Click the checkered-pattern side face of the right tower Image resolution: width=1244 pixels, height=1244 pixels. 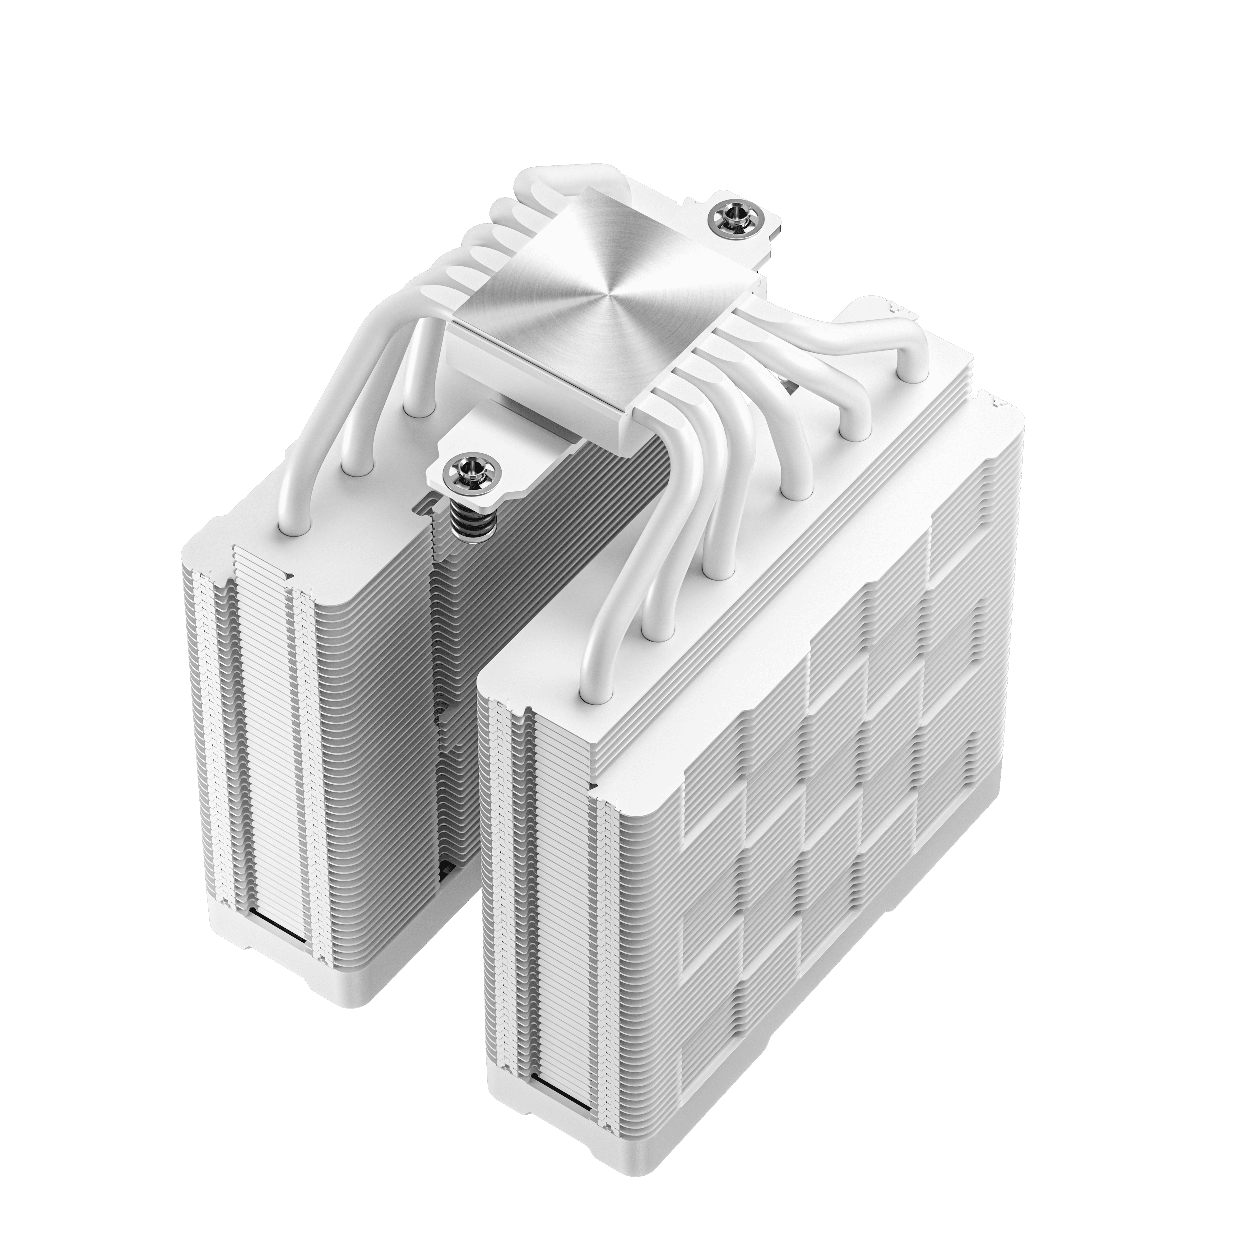tap(837, 805)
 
